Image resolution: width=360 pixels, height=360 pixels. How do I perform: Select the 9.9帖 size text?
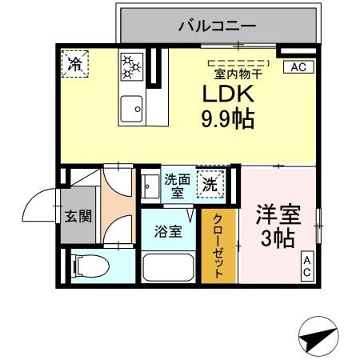click(x=226, y=121)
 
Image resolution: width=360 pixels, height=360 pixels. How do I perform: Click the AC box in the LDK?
click(x=298, y=67)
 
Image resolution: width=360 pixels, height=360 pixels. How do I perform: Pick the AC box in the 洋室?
click(x=307, y=266)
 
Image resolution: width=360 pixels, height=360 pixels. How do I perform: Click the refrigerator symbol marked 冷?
click(x=75, y=63)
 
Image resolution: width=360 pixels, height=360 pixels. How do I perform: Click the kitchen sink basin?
click(x=130, y=104)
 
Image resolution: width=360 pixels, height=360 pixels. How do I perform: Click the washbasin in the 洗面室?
click(x=150, y=186)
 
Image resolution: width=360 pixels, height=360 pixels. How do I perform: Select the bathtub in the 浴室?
click(x=170, y=267)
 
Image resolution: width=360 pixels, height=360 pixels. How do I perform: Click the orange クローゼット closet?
click(x=218, y=245)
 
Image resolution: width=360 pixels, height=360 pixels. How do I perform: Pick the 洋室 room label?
click(x=278, y=214)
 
